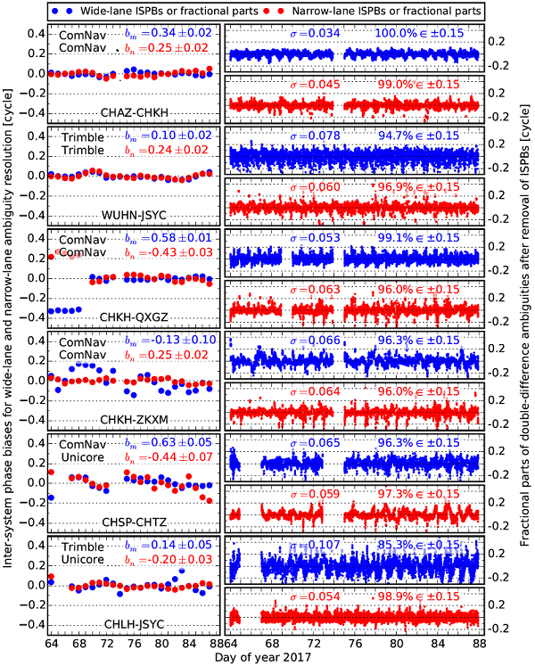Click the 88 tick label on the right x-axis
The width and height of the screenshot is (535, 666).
pyautogui.click(x=480, y=642)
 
